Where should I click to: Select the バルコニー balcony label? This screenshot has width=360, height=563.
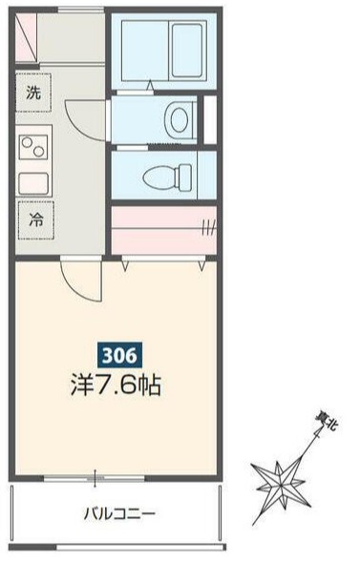(118, 513)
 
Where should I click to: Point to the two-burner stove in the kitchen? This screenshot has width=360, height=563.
(35, 148)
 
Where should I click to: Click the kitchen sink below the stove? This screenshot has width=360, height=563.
(34, 181)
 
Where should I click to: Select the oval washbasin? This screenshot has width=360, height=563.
(179, 119)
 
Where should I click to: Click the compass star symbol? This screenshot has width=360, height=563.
(279, 474)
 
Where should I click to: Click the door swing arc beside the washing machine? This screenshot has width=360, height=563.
(84, 110)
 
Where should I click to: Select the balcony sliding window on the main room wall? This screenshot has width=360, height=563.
(95, 476)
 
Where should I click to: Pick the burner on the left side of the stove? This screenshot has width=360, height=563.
(29, 148)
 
